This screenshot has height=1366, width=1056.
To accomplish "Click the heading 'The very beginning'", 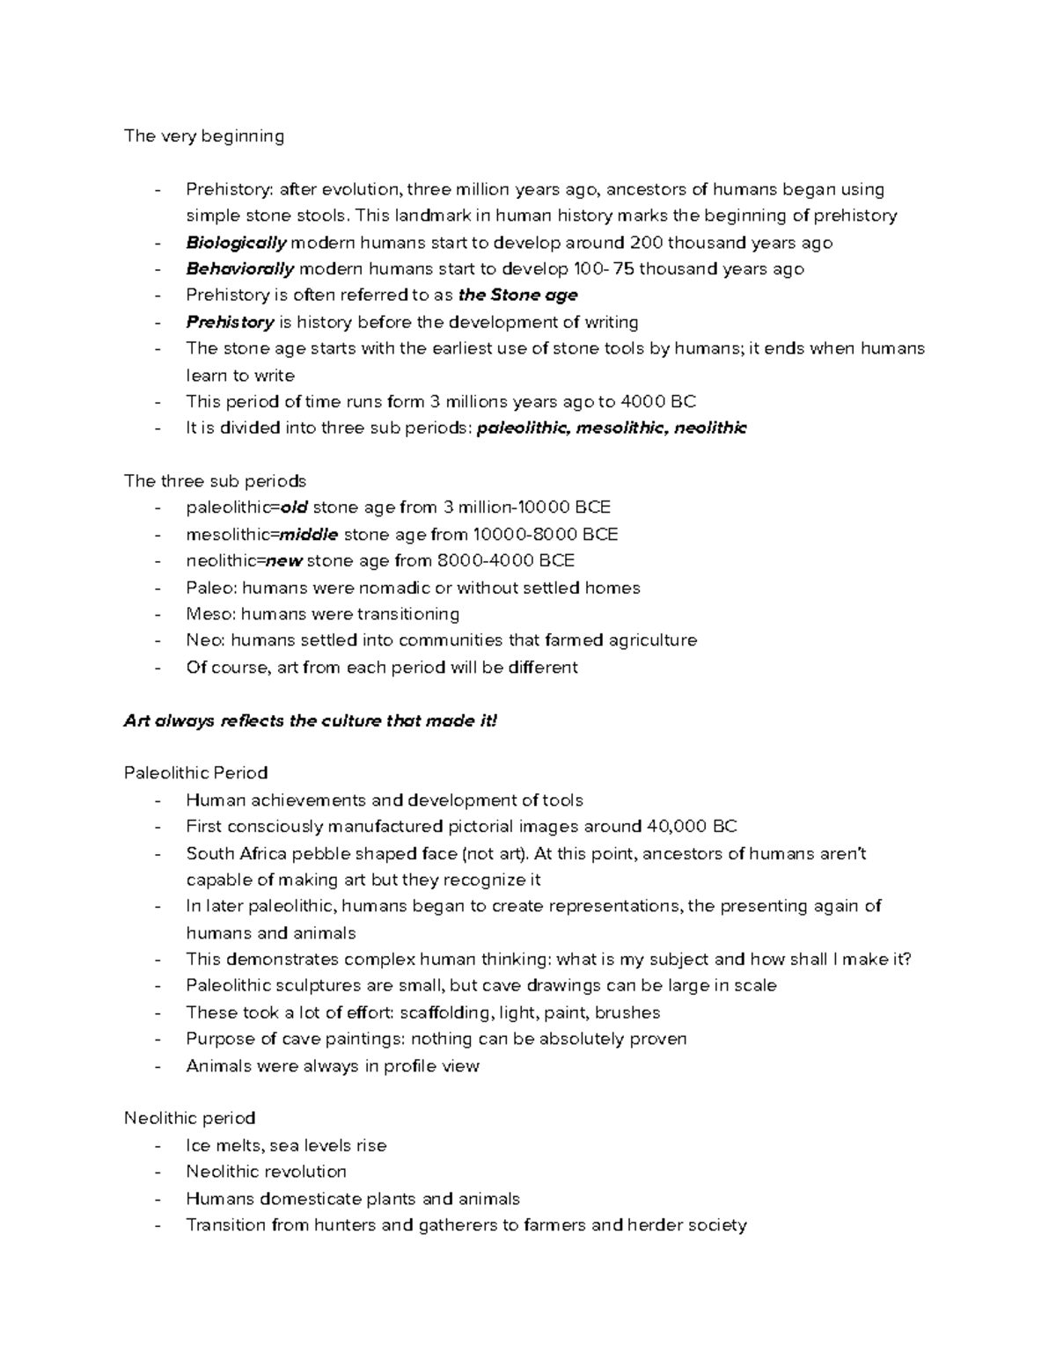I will (204, 136).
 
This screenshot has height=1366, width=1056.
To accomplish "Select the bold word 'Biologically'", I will (236, 243).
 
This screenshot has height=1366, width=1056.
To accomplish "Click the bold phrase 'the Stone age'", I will (518, 296).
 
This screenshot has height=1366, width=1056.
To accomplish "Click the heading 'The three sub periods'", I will (215, 481).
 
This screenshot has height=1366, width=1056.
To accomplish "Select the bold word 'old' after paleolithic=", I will (294, 508).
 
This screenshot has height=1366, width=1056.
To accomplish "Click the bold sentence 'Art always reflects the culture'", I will (311, 721).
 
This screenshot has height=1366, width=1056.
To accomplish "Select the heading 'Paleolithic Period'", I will (195, 773).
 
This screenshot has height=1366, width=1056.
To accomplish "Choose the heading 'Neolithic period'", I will (189, 1119).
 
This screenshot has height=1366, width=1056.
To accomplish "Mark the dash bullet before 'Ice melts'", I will (158, 1145).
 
